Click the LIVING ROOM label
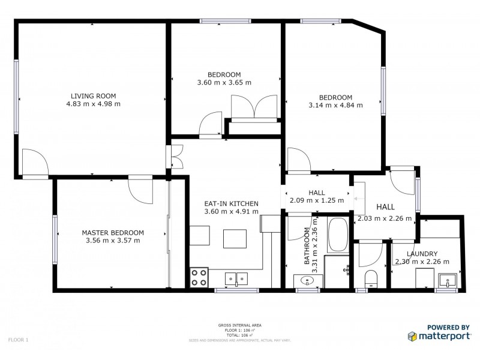(x=93, y=95)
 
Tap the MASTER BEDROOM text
(x=113, y=232)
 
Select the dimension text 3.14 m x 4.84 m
(x=335, y=106)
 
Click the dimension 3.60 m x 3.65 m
(x=224, y=83)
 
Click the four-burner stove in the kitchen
(x=199, y=277)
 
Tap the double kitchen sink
(x=236, y=278)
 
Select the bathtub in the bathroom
(x=337, y=235)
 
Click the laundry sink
(x=448, y=280)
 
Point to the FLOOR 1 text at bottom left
(x=19, y=340)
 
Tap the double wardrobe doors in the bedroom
(x=254, y=108)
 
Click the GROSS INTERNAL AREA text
(x=239, y=325)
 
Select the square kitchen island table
(x=234, y=238)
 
